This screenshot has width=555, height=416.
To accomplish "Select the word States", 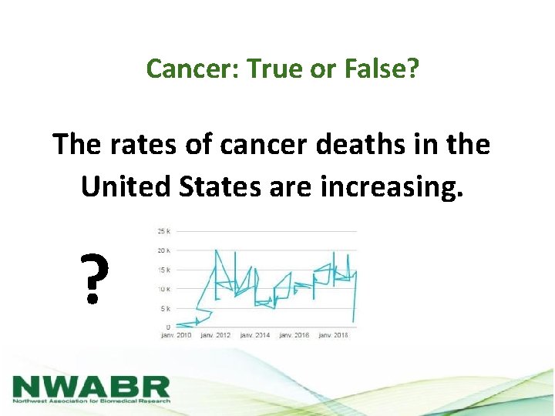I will [x=227, y=186].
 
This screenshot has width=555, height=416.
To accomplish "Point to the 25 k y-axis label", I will [x=163, y=231].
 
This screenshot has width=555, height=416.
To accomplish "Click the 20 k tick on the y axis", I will [x=163, y=250].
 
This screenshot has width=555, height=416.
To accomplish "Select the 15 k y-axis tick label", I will [x=163, y=270].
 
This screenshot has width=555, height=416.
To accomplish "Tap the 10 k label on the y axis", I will [x=163, y=289].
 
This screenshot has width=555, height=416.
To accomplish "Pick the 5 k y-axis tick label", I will [x=165, y=308].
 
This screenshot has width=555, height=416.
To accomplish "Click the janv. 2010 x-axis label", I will [x=177, y=335].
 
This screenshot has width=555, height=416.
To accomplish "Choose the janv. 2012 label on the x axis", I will [x=217, y=335].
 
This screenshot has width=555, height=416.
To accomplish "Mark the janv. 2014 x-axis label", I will [x=256, y=335].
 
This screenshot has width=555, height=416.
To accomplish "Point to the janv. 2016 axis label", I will [x=294, y=335].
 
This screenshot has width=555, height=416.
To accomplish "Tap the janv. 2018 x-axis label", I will [x=333, y=335].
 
